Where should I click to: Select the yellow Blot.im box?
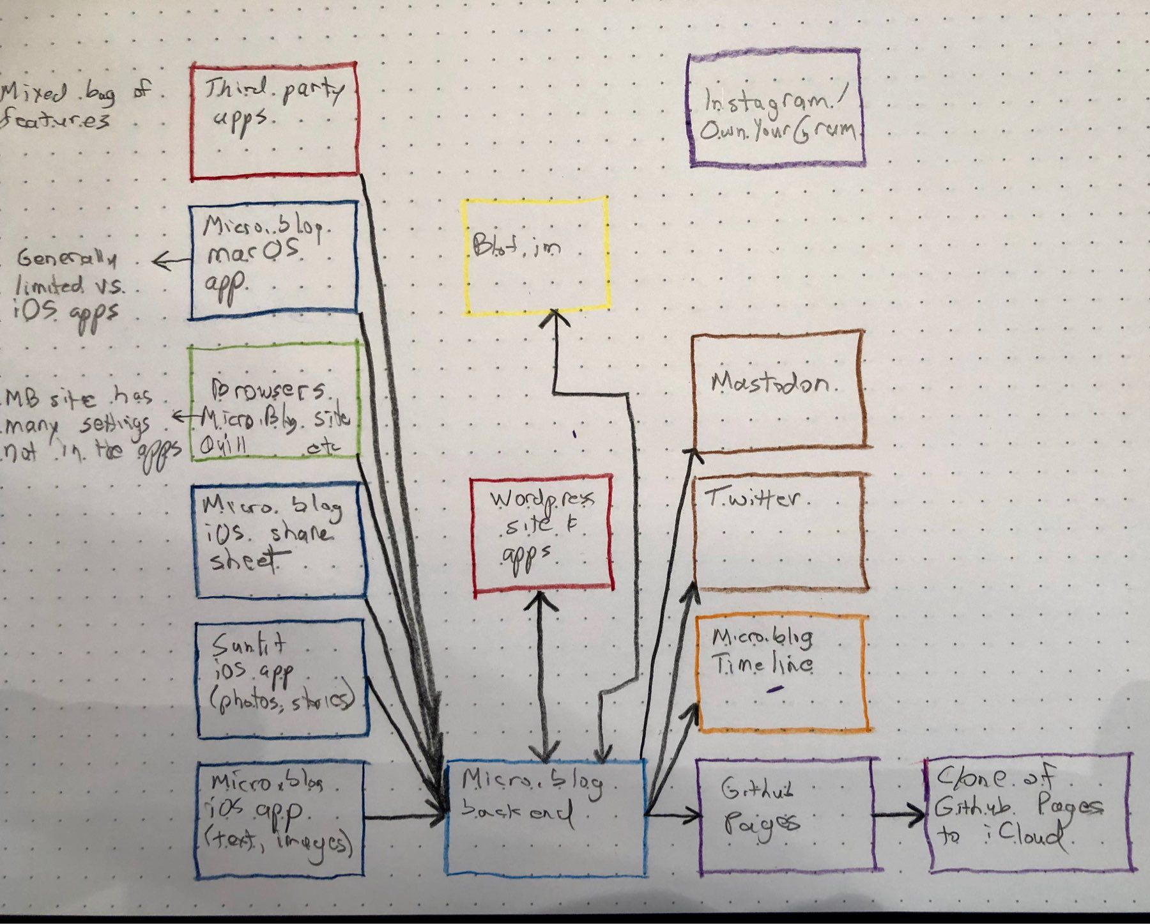tap(535, 256)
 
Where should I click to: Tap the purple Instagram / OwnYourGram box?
tap(777, 110)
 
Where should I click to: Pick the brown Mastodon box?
tap(778, 390)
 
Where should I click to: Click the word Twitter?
tap(753, 498)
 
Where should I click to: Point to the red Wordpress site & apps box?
tap(542, 532)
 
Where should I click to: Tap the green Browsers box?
tap(273, 401)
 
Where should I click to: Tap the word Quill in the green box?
tap(224, 447)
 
